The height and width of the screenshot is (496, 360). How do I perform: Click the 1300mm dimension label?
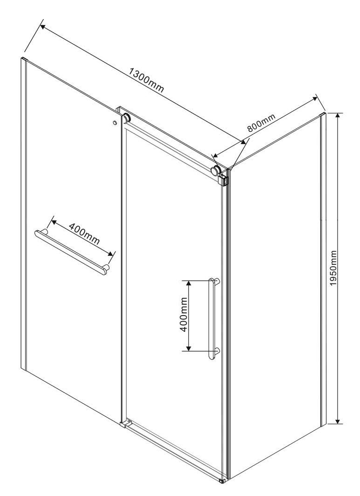point(146,80)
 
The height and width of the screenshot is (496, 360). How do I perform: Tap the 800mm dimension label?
point(261,123)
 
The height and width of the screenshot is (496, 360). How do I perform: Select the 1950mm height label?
point(333,268)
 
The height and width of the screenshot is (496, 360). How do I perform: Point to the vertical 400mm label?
point(183,315)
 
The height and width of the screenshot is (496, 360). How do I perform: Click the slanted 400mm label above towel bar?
point(84,234)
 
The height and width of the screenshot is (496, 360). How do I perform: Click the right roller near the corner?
point(216,170)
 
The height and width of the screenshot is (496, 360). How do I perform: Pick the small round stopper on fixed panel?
point(115,123)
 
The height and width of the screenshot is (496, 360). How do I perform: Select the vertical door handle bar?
point(212,319)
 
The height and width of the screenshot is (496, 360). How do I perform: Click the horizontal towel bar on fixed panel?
point(71,253)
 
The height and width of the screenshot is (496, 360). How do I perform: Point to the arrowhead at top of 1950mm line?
point(338,116)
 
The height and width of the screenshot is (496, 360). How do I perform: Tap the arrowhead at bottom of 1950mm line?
point(338,420)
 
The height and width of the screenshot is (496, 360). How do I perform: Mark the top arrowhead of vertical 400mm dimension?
point(188,283)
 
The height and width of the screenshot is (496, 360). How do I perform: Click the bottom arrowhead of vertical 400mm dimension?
point(188,348)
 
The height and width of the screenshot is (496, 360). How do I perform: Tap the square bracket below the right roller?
point(224,179)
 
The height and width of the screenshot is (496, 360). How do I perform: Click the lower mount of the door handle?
point(216,350)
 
